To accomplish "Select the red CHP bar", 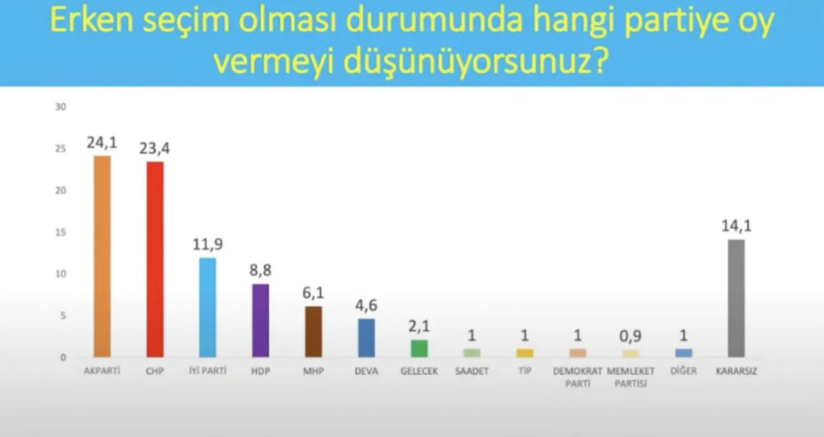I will point(155,259).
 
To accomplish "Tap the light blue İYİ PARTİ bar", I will point(207,307).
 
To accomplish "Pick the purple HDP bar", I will point(260,320).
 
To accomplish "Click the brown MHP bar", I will point(313,332).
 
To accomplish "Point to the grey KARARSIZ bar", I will point(736,298).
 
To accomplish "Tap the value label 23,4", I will point(154,149).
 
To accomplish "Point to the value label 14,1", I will point(736,227).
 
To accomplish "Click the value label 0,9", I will point(630,337).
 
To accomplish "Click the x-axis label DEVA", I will point(367,371).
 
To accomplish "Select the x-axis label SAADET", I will point(472,371).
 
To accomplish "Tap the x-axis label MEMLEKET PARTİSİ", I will point(630,377).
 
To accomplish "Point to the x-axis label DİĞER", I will point(683,371).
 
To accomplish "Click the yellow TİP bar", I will point(525,353).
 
